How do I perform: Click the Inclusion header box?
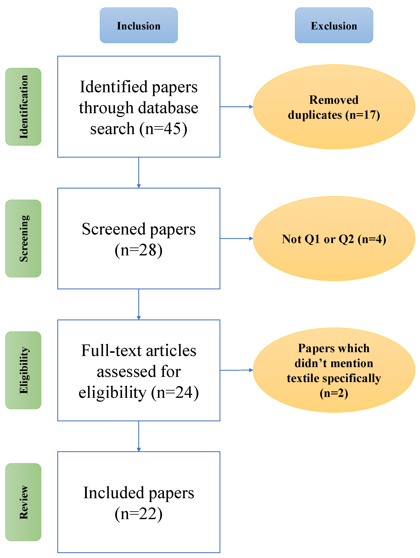(x=139, y=25)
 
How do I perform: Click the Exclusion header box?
(x=334, y=25)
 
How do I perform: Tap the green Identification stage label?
(x=23, y=107)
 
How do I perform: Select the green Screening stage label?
(x=23, y=238)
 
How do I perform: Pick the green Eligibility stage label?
(x=23, y=370)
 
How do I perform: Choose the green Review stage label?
(x=23, y=502)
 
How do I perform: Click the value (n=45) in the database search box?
(x=164, y=129)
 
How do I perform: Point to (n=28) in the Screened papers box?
(x=139, y=250)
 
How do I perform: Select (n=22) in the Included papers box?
(x=139, y=514)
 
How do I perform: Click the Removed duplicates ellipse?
(x=334, y=107)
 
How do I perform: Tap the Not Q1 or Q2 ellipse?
(x=334, y=239)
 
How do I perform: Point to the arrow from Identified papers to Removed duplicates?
(x=236, y=107)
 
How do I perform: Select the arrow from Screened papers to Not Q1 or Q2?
(x=236, y=238)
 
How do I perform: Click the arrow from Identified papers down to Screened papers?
(x=139, y=172)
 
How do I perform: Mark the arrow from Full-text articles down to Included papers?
(x=139, y=436)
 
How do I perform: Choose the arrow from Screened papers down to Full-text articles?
(x=139, y=304)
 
